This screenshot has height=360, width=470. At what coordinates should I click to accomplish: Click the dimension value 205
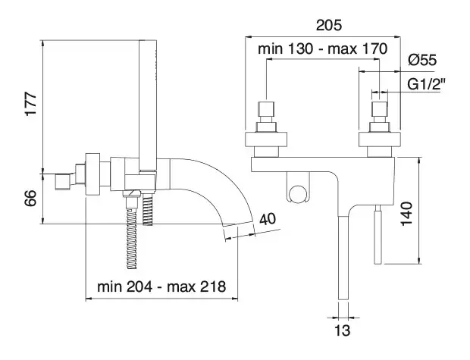click(x=327, y=25)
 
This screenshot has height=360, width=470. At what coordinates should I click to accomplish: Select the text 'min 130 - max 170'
click(x=323, y=49)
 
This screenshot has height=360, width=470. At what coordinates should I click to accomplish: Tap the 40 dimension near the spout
click(x=267, y=220)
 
